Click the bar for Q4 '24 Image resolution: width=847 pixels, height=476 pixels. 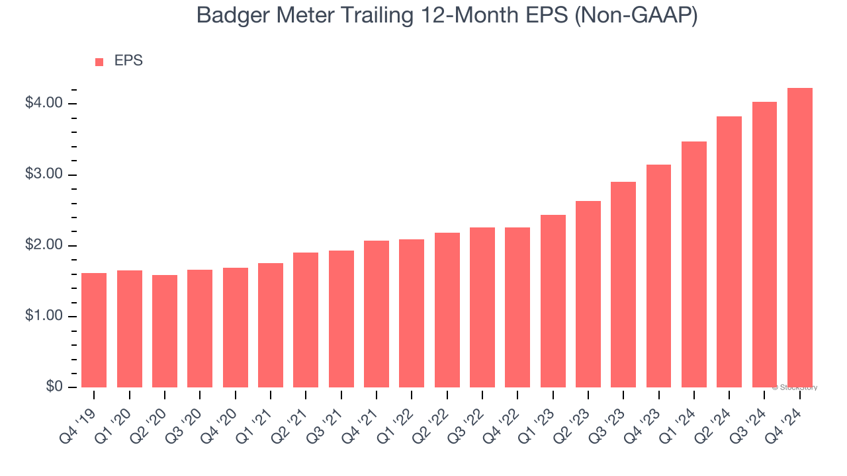[x=799, y=238]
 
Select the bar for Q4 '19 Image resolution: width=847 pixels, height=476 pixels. [x=94, y=330]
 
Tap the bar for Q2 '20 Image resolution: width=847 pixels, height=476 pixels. [x=165, y=331]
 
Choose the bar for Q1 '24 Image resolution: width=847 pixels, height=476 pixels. [x=693, y=264]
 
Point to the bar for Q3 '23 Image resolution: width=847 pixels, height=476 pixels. [x=623, y=284]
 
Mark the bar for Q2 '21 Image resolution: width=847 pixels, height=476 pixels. [x=306, y=320]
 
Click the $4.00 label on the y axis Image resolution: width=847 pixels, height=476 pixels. [x=44, y=104]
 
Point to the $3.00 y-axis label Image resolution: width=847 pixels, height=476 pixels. [x=44, y=175]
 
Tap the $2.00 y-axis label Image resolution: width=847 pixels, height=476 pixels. [x=44, y=246]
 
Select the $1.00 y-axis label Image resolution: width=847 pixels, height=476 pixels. [x=44, y=317]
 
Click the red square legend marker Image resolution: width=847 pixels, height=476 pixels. [x=99, y=62]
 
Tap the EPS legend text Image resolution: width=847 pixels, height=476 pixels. [x=128, y=61]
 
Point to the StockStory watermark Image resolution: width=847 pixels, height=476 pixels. [x=795, y=387]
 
